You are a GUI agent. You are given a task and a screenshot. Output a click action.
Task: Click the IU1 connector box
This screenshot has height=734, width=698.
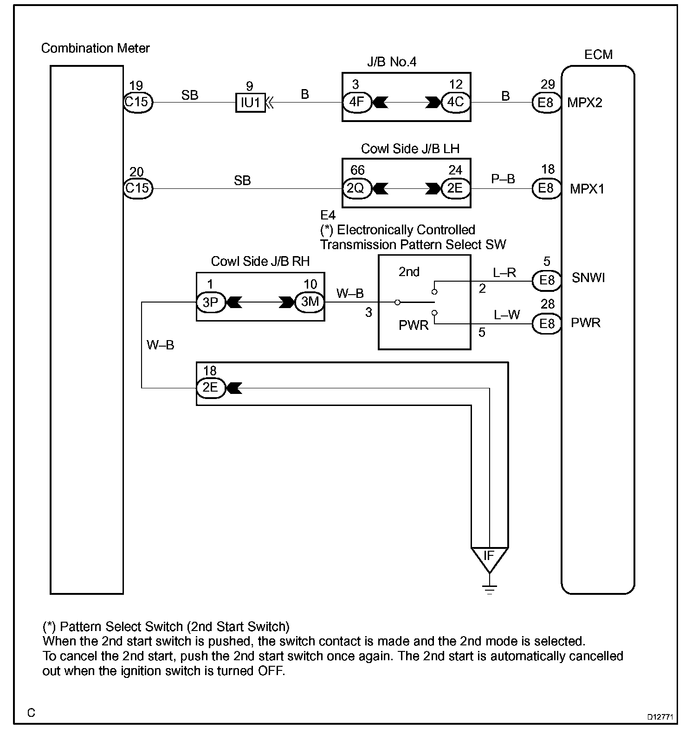251,103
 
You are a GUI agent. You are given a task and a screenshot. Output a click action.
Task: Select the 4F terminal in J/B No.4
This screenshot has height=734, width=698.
357,102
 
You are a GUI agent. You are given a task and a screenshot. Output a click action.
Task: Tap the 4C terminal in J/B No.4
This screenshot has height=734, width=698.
455,102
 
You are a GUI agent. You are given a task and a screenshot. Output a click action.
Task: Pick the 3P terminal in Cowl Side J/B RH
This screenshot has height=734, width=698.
211,302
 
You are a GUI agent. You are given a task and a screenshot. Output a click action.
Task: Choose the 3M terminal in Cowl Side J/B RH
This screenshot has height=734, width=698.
310,302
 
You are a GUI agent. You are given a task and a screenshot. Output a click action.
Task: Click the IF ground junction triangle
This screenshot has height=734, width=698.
489,558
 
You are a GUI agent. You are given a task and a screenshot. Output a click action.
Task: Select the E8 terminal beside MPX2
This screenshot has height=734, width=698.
546,102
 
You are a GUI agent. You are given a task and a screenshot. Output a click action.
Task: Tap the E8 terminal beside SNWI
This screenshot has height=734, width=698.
546,280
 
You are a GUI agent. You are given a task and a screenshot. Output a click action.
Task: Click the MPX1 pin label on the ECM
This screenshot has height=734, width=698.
587,189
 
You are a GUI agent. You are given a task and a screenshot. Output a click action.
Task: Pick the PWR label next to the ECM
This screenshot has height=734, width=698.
585,322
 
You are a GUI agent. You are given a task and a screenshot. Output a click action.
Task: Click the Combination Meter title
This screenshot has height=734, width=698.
96,48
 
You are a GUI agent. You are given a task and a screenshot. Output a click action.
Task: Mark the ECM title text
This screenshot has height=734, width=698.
598,55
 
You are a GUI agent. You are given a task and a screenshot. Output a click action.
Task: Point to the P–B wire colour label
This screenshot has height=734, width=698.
503,179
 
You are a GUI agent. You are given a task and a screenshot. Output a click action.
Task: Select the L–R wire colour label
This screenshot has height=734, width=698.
504,272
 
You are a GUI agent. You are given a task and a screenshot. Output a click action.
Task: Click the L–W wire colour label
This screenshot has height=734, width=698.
506,315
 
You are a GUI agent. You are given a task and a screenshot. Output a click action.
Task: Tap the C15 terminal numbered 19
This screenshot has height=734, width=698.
138,102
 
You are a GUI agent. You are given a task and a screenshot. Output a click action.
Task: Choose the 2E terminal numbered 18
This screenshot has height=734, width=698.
211,387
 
